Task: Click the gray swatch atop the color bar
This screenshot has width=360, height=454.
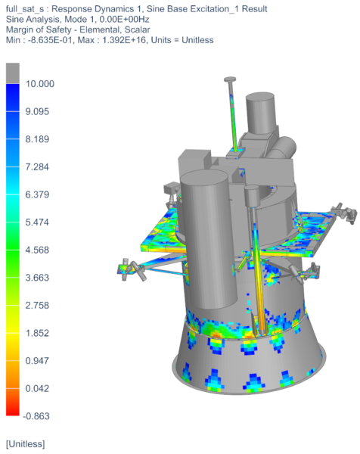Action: coord(12,72)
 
